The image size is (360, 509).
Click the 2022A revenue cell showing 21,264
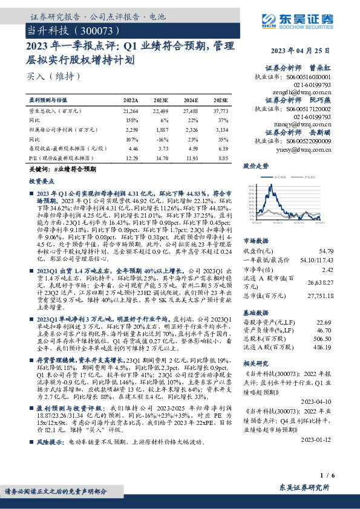[x=131, y=112]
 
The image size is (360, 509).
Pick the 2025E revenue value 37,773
[x=220, y=112]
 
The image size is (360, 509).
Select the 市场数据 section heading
[x=256, y=223]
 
